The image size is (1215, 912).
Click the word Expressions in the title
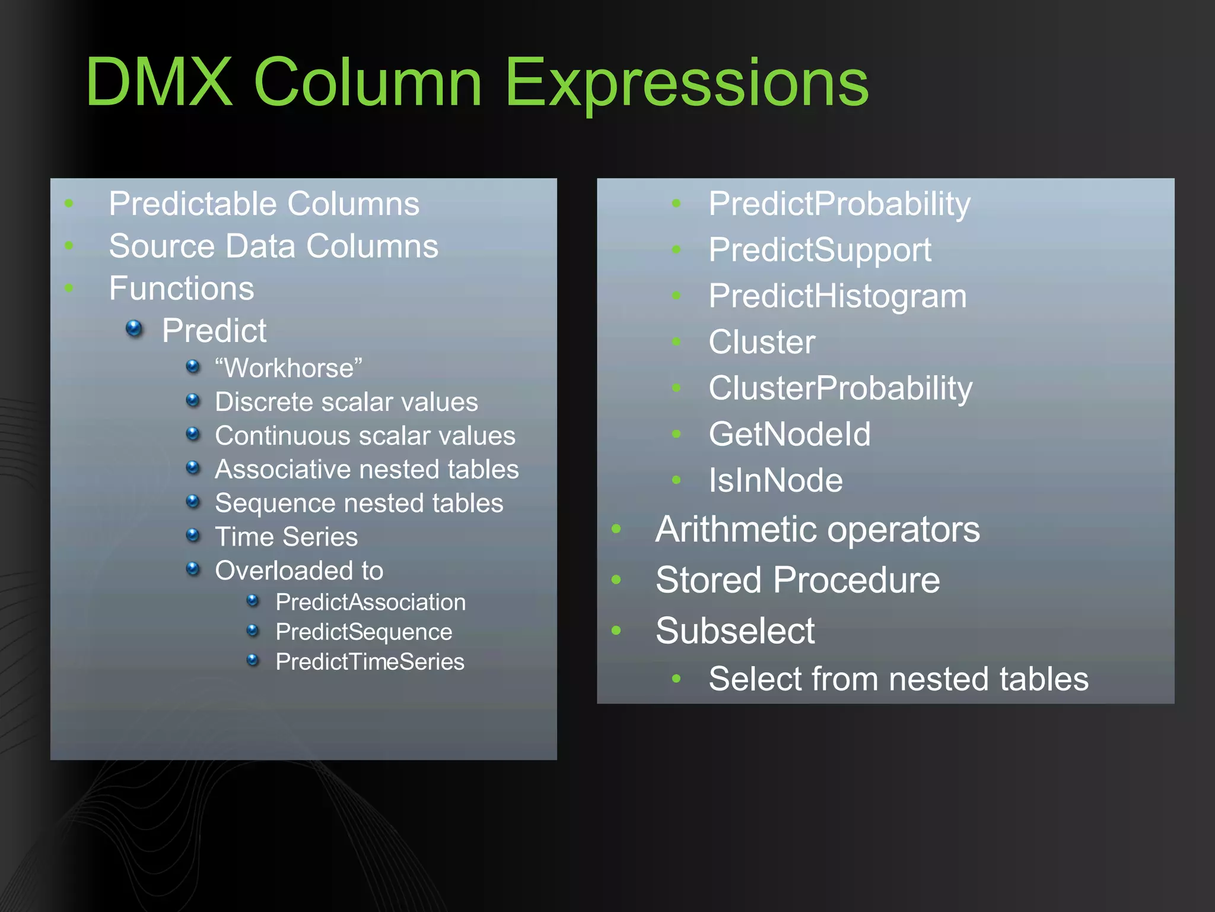point(686,83)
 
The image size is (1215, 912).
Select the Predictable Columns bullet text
point(264,204)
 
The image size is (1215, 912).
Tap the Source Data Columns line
point(273,246)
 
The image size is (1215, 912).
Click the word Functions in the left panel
point(182,289)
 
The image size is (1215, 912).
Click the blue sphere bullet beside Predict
point(135,328)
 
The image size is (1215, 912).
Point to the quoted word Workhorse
point(289,368)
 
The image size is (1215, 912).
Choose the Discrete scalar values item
point(346,402)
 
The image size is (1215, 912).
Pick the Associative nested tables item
point(367,470)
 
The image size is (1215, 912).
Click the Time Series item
point(286,537)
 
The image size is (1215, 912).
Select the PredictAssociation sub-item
point(370,603)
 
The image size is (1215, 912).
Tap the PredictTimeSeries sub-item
point(370,662)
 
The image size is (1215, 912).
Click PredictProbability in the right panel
point(839,204)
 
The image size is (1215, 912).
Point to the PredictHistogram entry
point(837,296)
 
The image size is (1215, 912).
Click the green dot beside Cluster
point(676,341)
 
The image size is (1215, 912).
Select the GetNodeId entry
point(790,434)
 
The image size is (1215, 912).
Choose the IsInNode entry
point(775,480)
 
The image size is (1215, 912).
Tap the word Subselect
point(735,631)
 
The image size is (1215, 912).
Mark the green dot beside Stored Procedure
point(616,579)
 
